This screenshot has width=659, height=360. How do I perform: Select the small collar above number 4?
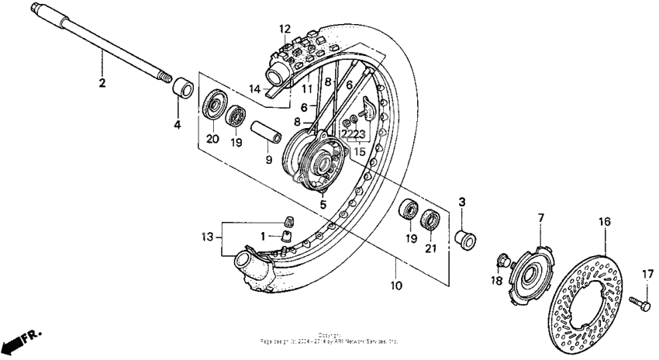pyautogui.click(x=181, y=87)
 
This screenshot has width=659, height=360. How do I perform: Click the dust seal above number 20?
pyautogui.click(x=213, y=104)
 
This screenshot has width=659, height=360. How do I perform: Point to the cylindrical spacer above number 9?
pyautogui.click(x=263, y=128)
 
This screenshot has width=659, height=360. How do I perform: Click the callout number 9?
pyautogui.click(x=268, y=161)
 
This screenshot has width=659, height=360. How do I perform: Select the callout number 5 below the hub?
pyautogui.click(x=322, y=205)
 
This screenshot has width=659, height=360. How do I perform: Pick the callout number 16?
pyautogui.click(x=604, y=221)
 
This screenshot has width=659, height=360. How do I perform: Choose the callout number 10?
pyautogui.click(x=395, y=286)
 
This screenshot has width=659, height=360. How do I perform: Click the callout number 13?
pyautogui.click(x=206, y=236)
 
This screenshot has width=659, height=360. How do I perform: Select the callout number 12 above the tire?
pyautogui.click(x=285, y=29)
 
